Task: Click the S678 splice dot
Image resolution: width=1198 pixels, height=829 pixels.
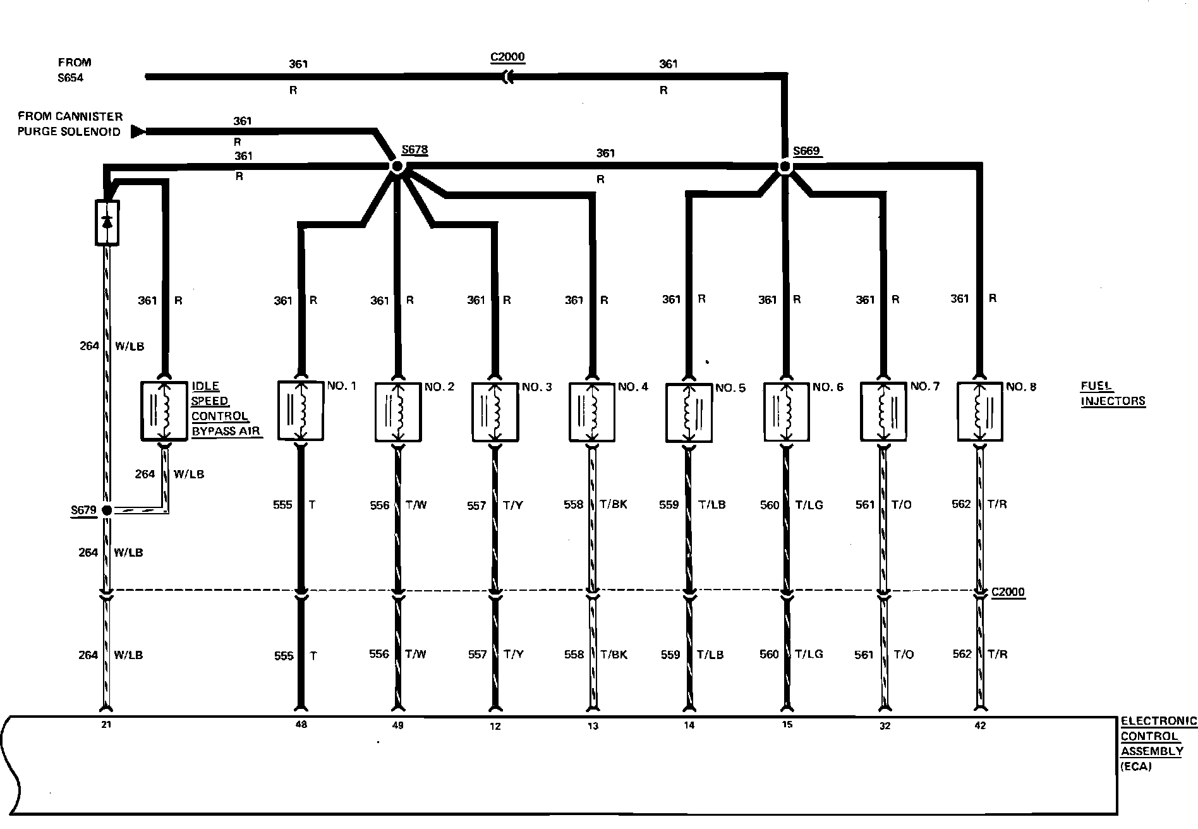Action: (396, 166)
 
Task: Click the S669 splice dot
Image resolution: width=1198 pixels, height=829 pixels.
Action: (785, 167)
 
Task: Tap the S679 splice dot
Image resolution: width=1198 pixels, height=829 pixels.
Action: (106, 510)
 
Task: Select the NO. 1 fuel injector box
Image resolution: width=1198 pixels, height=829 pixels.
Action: (301, 410)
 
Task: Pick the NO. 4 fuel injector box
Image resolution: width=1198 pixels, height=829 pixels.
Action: (592, 411)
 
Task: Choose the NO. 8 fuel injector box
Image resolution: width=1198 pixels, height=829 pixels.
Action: (979, 411)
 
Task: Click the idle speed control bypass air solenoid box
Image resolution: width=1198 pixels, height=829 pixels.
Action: (164, 410)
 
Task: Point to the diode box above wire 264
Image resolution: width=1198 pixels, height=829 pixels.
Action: (107, 222)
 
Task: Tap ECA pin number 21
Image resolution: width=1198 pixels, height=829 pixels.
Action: (106, 725)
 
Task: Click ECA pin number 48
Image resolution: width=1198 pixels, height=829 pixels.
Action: (301, 725)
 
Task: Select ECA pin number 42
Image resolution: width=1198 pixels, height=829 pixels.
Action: (980, 725)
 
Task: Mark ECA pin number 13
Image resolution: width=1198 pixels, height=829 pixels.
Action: (593, 726)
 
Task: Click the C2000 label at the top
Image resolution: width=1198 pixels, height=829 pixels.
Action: (507, 57)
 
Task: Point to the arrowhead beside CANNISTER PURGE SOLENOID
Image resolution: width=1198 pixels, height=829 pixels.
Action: (138, 131)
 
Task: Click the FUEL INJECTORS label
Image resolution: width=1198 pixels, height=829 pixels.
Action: (1112, 393)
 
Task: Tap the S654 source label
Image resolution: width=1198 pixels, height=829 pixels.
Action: (71, 78)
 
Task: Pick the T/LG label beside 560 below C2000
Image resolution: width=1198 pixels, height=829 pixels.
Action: (809, 654)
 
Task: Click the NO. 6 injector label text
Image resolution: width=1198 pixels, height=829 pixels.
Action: (828, 387)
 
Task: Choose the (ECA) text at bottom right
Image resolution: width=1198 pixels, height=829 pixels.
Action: (1136, 766)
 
